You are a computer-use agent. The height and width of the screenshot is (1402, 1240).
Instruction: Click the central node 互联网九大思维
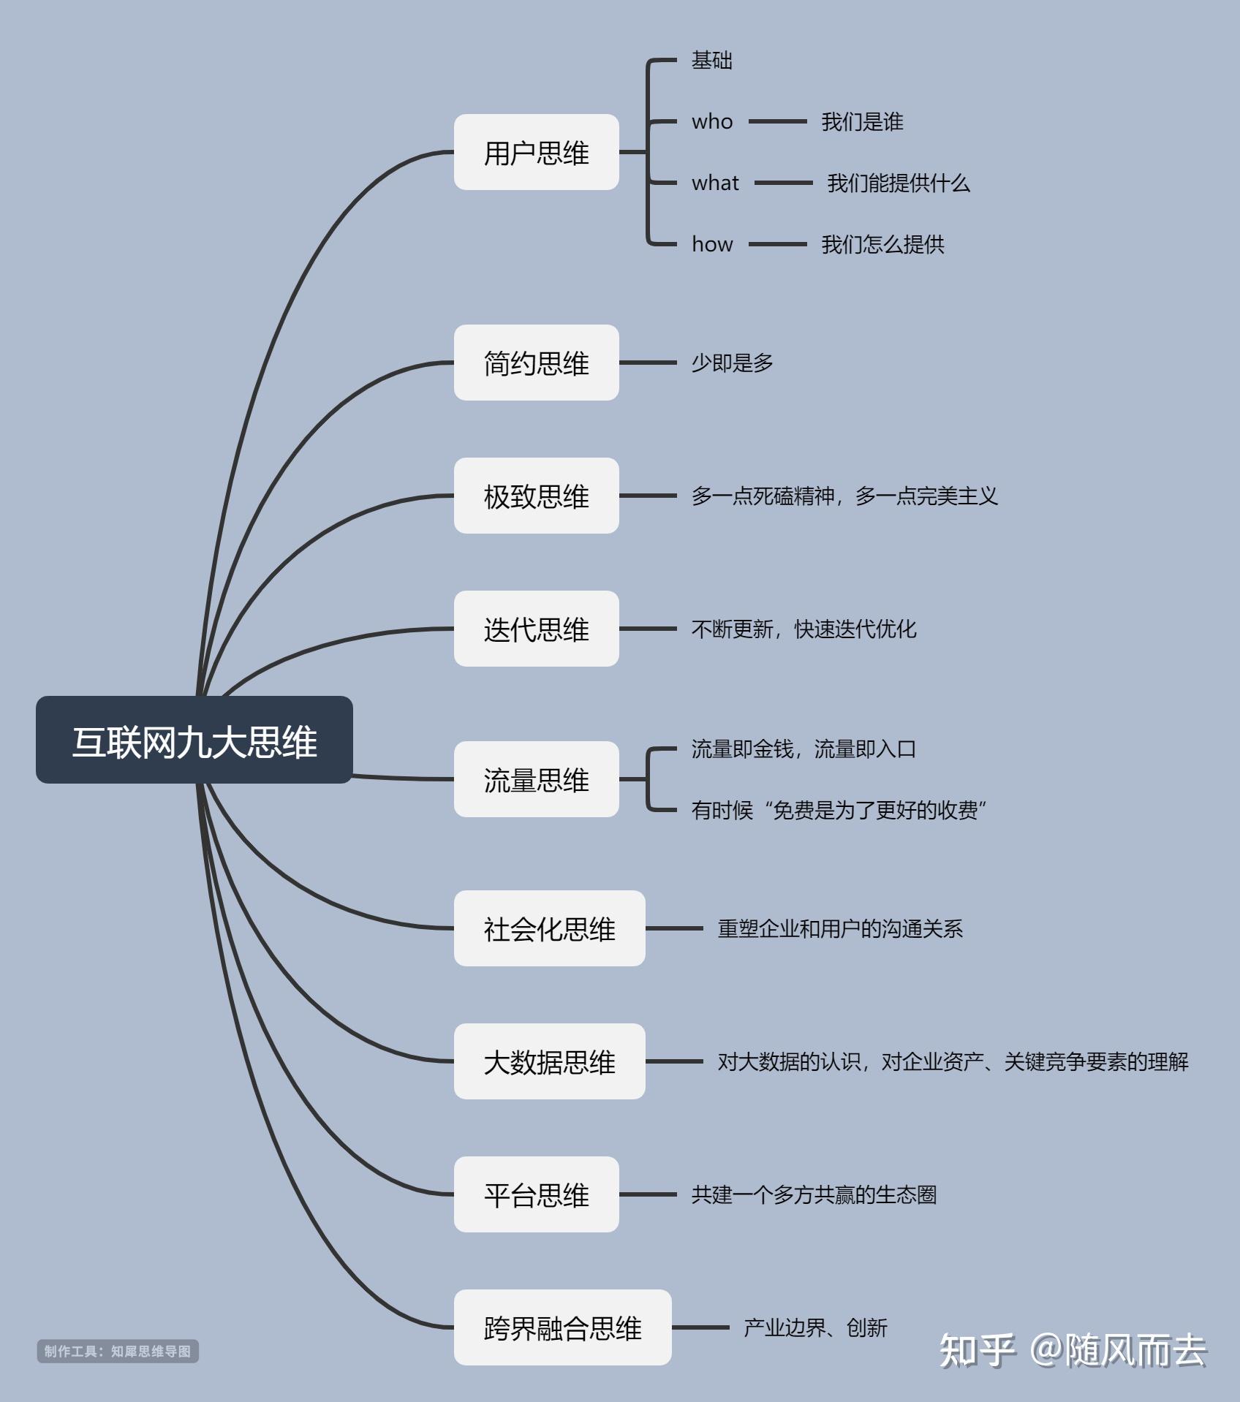[194, 740]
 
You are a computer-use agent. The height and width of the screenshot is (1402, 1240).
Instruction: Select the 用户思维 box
[536, 152]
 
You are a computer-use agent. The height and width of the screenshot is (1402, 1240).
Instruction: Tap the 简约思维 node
[536, 363]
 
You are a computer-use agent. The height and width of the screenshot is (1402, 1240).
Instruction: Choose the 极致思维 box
[536, 496]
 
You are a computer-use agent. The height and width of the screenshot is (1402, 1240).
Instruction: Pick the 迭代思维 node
[536, 629]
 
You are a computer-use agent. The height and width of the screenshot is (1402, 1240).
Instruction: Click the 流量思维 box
[536, 779]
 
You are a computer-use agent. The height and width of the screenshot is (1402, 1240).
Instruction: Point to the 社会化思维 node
[549, 928]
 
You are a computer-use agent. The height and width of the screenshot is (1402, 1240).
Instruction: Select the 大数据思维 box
[549, 1061]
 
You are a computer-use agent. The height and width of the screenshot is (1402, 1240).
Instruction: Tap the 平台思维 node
[536, 1194]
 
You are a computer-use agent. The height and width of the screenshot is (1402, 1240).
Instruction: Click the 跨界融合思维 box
[562, 1327]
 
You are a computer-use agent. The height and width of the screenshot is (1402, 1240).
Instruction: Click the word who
[712, 121]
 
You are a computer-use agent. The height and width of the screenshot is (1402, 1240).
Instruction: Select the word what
[715, 183]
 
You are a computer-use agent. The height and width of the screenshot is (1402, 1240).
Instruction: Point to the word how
[712, 244]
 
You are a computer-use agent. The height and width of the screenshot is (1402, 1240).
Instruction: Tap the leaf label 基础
[712, 60]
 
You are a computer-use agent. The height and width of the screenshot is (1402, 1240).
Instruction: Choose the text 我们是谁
[862, 121]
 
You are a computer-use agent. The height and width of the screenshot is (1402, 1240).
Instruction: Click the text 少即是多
[733, 363]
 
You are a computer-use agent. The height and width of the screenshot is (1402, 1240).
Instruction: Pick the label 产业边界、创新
[815, 1327]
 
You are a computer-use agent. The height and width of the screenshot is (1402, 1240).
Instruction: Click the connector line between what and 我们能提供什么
[783, 183]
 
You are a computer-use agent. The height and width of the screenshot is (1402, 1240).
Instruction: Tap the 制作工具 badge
[118, 1351]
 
